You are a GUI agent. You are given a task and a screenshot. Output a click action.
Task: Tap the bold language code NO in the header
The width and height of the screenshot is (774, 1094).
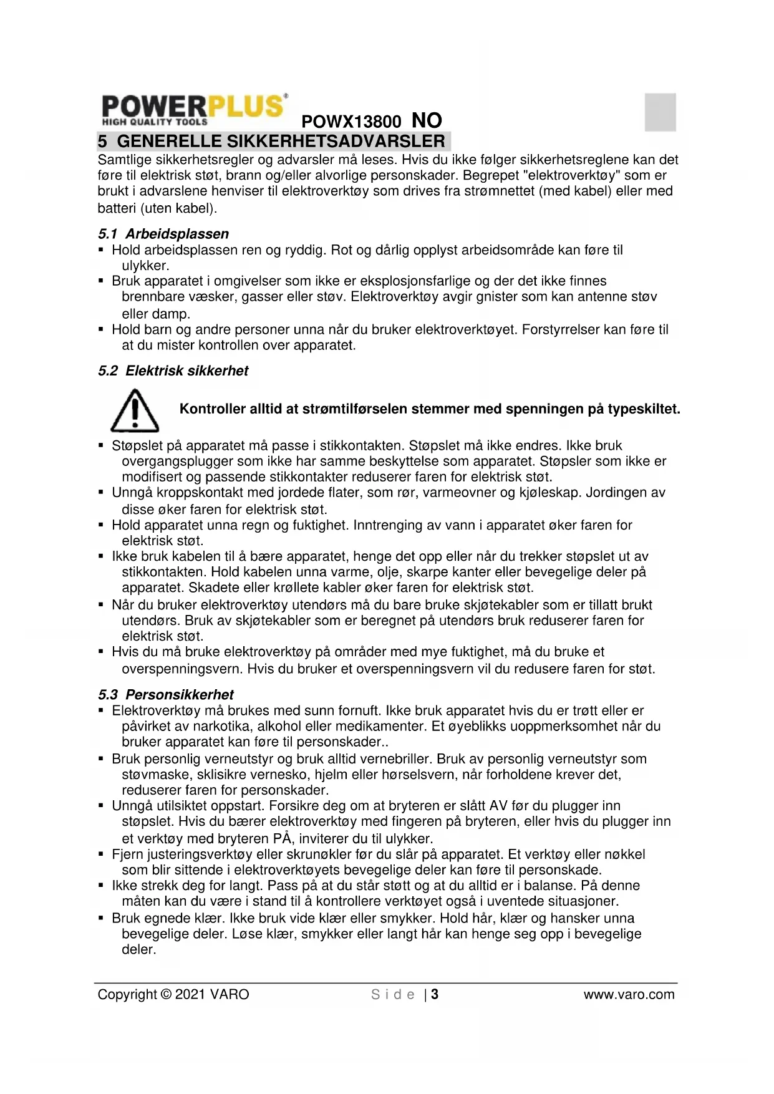(x=427, y=120)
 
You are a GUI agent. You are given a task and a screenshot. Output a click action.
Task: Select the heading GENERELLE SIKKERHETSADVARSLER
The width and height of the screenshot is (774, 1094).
(x=281, y=141)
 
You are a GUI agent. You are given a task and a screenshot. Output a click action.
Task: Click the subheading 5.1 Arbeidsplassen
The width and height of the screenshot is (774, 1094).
(x=163, y=234)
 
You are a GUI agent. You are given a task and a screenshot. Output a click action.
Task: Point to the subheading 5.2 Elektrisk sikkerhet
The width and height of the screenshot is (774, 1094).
(x=173, y=371)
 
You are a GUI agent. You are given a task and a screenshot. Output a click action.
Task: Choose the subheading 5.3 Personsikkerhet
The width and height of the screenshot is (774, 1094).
(x=165, y=695)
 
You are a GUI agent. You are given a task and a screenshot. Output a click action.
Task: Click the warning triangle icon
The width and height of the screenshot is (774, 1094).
(x=134, y=411)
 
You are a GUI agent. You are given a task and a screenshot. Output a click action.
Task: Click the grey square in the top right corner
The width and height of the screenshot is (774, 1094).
(x=660, y=112)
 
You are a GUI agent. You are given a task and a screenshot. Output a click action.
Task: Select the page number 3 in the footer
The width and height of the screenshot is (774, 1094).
(x=435, y=995)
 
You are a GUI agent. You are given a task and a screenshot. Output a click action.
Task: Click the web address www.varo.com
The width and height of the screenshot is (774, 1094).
(x=629, y=995)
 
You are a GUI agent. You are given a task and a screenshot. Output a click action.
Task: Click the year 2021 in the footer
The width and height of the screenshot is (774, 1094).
(x=190, y=995)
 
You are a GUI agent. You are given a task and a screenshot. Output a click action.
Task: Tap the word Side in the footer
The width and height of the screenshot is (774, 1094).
(x=393, y=995)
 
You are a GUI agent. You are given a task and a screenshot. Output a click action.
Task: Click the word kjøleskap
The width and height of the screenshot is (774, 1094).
(x=548, y=493)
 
